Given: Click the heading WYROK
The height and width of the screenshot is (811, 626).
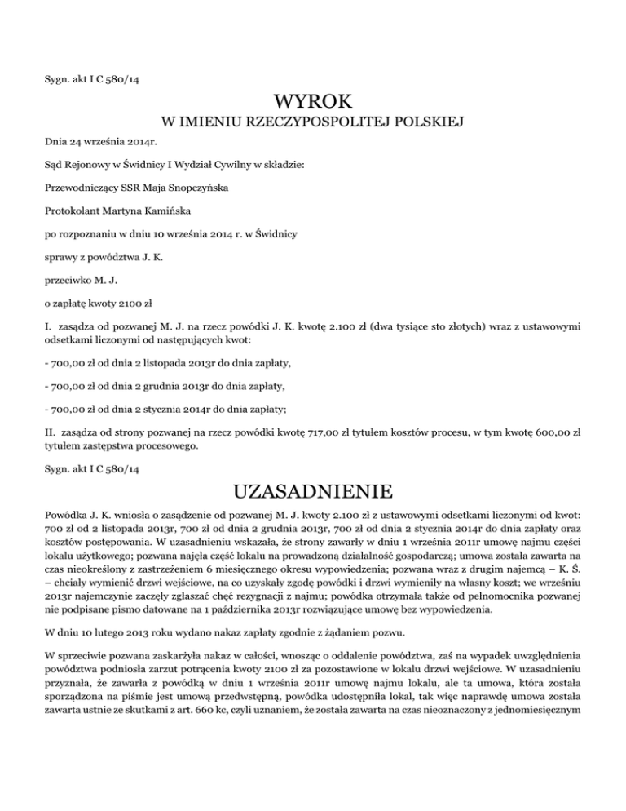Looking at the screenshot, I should tap(313, 104).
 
